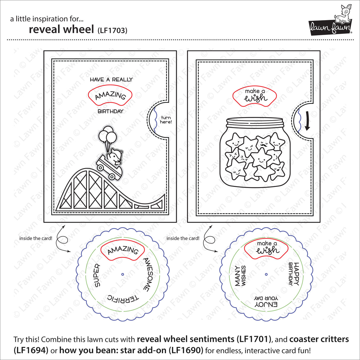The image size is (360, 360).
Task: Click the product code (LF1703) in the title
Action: tap(112, 30)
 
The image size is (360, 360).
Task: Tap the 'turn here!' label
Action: tap(166, 120)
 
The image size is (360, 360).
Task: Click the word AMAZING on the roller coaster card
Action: tap(110, 95)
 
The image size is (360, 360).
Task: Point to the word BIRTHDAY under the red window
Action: tap(110, 111)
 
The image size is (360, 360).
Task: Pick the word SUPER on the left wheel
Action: tap(97, 275)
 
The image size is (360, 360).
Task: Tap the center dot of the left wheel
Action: tap(122, 274)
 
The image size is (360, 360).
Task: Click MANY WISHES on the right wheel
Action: tap(240, 276)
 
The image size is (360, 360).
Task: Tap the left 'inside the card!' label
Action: tap(36, 238)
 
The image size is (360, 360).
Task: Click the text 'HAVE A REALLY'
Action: tap(111, 79)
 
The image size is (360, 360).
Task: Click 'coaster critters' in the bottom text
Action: tap(319, 339)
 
